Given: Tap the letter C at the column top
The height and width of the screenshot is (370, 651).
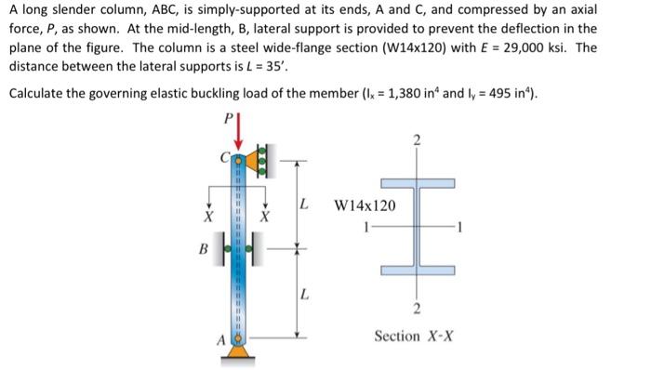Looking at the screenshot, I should click(223, 155).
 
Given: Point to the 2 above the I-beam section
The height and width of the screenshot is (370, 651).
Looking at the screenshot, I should click(417, 140).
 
